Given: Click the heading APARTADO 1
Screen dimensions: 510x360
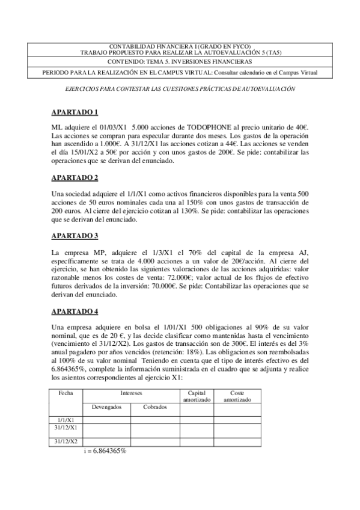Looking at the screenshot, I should point(74,112).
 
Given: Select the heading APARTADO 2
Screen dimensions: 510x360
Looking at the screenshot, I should point(74,177).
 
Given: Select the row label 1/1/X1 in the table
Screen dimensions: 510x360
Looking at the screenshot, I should point(66,419).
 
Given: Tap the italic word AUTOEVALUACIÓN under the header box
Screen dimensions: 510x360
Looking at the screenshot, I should point(267,88).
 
